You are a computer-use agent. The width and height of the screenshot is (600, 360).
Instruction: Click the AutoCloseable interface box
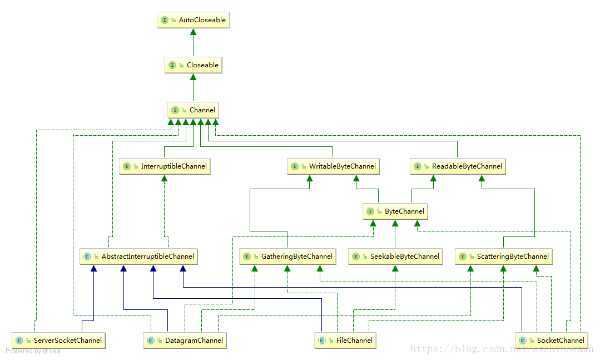pos(194,20)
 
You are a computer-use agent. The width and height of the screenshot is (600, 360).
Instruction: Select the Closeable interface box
pos(194,65)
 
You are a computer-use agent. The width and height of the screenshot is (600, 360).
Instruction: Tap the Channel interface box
pos(194,110)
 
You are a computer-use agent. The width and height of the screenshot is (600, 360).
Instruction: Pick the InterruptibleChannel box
pos(165,166)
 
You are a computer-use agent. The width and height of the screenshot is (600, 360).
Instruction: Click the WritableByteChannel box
pos(333,166)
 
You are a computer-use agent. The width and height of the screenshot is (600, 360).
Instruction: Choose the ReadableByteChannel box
pos(458,166)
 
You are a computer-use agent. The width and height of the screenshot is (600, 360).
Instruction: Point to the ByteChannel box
pos(395,211)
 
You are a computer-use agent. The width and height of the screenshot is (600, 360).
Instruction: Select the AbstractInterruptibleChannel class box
pos(138,256)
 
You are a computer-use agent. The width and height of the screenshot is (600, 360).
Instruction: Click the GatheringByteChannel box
pos(287,256)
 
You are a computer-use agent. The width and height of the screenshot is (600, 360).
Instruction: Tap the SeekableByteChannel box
pos(395,256)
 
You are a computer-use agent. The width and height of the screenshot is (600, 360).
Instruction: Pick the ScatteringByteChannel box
pos(504,256)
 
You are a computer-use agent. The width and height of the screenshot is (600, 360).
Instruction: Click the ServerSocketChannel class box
pos(58,340)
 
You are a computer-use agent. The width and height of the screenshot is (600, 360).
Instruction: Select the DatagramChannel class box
pos(185,340)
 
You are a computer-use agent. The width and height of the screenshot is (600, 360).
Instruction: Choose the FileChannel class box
pos(345,340)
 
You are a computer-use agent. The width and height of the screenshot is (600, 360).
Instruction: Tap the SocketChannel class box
pos(552,340)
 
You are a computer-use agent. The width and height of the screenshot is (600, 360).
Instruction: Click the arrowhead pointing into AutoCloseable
pos(194,32)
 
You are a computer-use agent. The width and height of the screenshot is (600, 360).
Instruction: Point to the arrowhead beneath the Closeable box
pos(194,77)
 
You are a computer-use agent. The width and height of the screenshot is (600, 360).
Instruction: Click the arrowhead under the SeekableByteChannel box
pos(395,268)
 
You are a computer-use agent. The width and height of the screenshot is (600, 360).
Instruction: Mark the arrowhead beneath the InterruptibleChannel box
pos(165,179)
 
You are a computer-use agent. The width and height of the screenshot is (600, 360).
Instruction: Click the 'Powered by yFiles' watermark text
pos(33,351)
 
